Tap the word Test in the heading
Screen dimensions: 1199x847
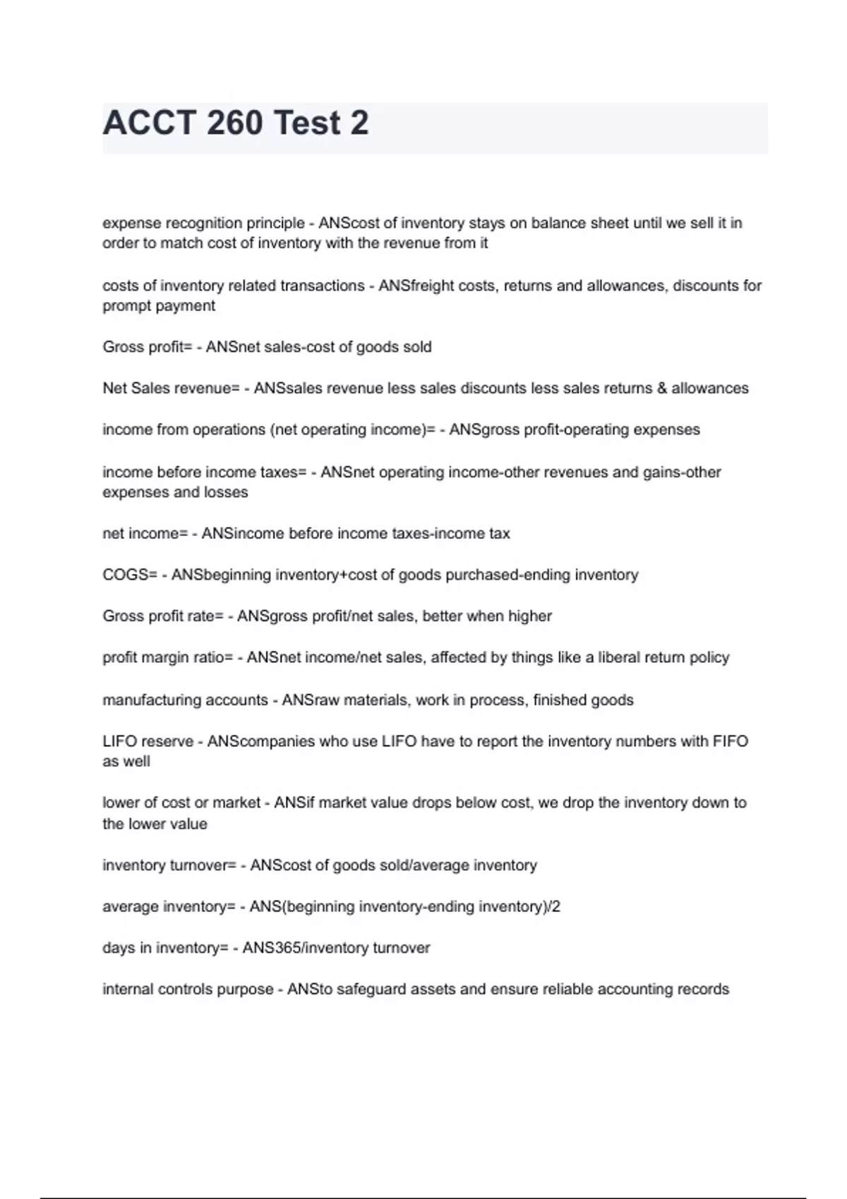(x=307, y=123)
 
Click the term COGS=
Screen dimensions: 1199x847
(x=130, y=575)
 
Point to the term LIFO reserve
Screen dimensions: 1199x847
(x=148, y=741)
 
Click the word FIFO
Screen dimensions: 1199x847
(x=730, y=741)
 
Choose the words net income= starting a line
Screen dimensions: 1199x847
(x=145, y=534)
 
